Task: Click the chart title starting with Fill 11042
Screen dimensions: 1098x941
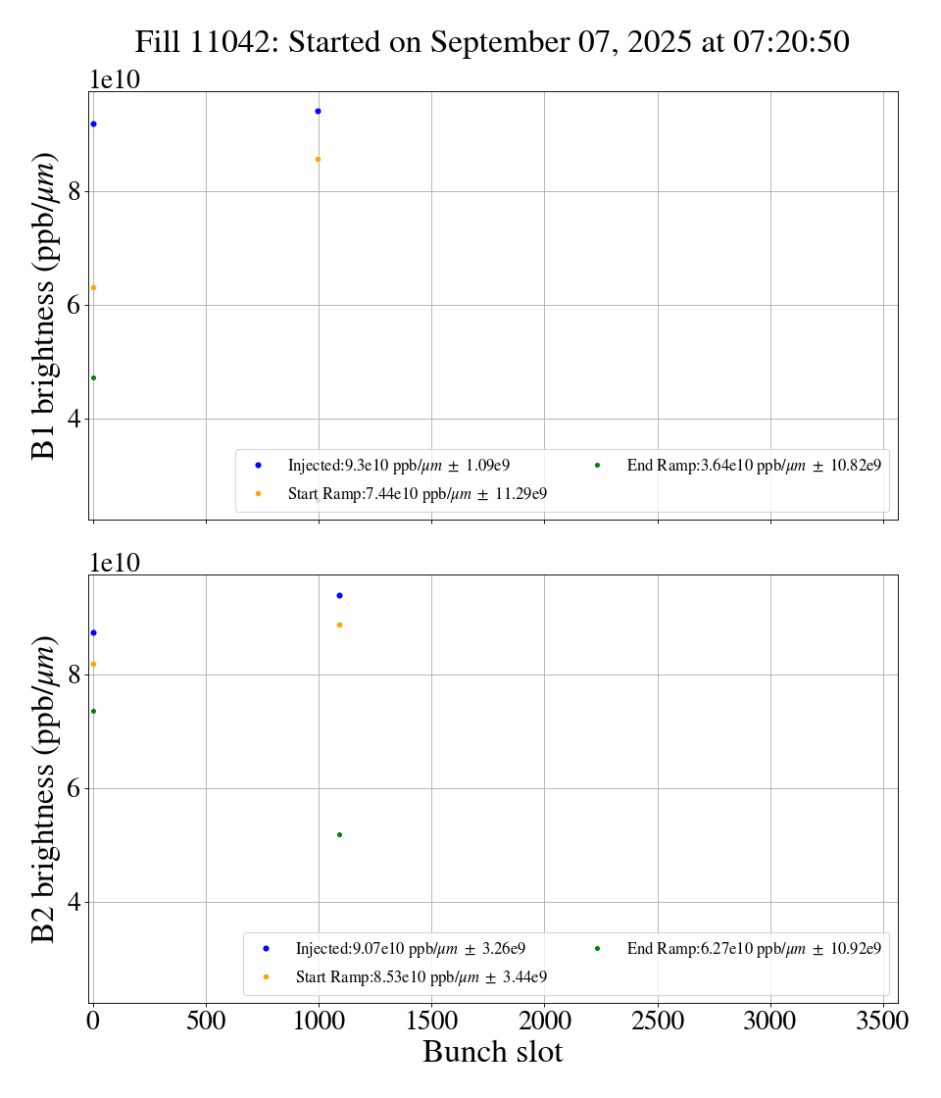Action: tap(492, 42)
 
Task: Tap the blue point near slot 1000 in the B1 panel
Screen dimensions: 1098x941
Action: tap(318, 111)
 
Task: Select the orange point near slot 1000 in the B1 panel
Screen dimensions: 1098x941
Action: tap(318, 159)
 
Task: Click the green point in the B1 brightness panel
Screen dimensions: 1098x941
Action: tap(93, 377)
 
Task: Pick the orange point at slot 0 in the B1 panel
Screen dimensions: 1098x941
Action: tap(93, 287)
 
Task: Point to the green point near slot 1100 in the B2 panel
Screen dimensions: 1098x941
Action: tap(339, 834)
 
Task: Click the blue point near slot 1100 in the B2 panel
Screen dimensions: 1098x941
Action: tap(339, 595)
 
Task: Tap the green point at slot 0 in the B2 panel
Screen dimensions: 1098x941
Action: tap(93, 711)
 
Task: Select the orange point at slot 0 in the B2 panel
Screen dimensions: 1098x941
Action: tap(93, 664)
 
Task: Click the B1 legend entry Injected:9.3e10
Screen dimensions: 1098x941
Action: tap(398, 465)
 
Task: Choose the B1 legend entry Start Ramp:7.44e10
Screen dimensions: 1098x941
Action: tap(417, 494)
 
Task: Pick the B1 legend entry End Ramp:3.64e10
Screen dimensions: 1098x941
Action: tap(753, 465)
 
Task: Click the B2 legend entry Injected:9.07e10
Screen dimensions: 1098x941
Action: tap(410, 948)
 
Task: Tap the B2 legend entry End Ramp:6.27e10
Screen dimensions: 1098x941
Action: tap(753, 948)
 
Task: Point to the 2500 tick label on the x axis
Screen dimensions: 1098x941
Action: tap(658, 1021)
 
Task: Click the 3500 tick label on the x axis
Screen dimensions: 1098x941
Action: tap(883, 1021)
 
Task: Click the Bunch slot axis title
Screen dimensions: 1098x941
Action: tap(492, 1052)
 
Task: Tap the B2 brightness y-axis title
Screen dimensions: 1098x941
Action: tap(44, 788)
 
